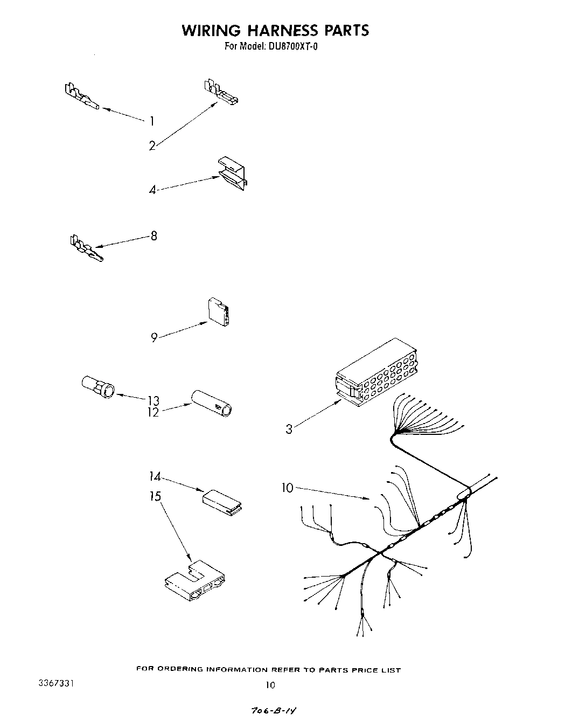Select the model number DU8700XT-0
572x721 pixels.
click(291, 47)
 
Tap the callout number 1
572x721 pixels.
click(152, 121)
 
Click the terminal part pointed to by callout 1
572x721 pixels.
click(81, 97)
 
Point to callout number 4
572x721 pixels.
click(153, 190)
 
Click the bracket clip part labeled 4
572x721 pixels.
click(232, 174)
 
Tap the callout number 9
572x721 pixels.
click(154, 338)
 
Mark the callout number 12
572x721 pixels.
click(154, 413)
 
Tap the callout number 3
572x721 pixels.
click(289, 429)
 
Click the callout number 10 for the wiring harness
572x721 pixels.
click(288, 488)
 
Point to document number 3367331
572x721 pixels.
click(56, 683)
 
